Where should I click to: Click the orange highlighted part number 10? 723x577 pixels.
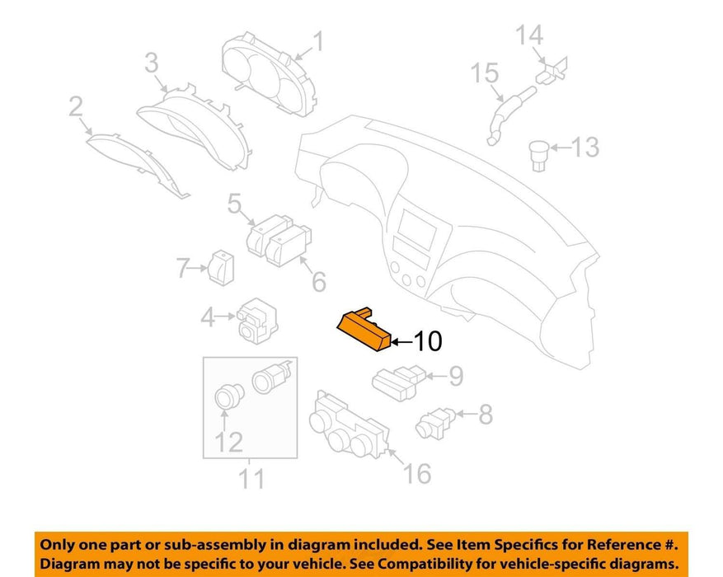tap(364, 329)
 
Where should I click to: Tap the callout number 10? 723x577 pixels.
tap(429, 341)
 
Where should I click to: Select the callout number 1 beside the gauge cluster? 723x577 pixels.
tap(318, 41)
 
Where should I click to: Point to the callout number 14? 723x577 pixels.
tap(529, 35)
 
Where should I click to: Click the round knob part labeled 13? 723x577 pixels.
tap(539, 156)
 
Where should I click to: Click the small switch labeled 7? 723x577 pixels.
tap(221, 268)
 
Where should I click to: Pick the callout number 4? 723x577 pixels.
tap(208, 317)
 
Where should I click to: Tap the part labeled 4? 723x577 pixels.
tap(257, 321)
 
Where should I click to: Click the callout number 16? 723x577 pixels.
tap(417, 473)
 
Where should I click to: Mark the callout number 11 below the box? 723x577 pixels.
tap(251, 479)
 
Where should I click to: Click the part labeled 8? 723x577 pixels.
tap(434, 423)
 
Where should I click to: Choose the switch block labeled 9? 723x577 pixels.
tap(398, 383)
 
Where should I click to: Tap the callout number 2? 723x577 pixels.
tap(76, 106)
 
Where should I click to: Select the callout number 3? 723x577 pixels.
tap(151, 63)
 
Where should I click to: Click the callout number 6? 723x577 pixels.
tap(319, 282)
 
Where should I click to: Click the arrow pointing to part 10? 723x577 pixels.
tap(401, 342)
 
